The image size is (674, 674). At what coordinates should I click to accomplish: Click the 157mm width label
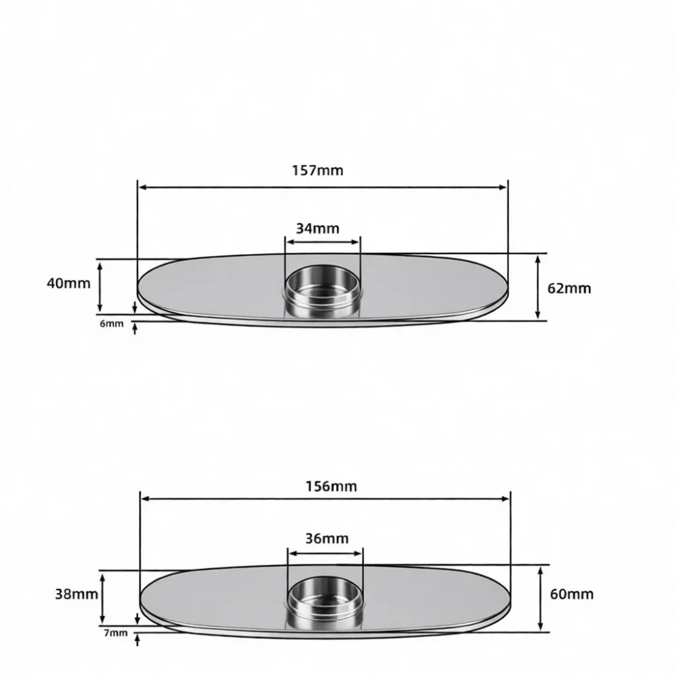317,171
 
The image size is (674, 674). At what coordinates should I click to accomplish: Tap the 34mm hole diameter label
317,228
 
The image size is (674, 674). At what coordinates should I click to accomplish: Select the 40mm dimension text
69,283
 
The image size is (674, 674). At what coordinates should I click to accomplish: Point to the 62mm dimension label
569,288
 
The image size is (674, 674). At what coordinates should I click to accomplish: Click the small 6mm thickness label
111,324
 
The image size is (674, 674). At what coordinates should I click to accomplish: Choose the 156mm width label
331,486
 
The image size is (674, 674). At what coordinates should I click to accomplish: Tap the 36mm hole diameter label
327,538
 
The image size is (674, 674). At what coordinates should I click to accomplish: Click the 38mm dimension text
77,594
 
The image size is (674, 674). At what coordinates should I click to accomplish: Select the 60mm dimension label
572,594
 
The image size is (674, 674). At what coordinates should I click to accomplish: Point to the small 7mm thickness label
116,633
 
